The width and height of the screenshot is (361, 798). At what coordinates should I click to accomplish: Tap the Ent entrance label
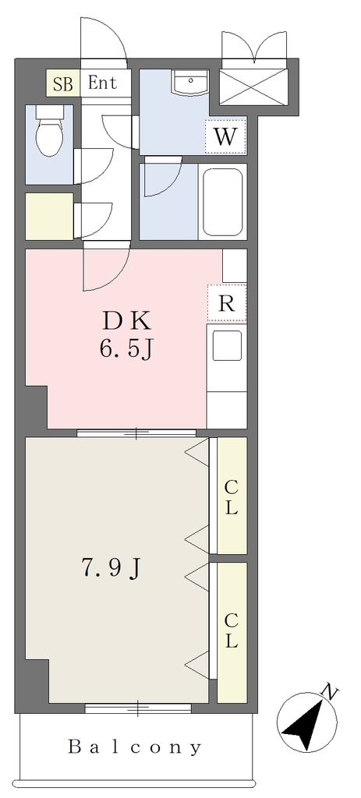pos(102,83)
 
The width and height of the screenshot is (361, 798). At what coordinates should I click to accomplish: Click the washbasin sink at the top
pos(191,83)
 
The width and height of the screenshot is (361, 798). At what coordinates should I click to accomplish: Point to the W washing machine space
pos(225,136)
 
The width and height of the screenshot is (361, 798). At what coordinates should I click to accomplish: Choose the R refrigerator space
pos(227,303)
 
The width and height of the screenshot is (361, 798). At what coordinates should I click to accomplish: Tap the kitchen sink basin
pos(227,345)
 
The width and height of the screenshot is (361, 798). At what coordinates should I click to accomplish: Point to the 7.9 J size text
pos(111,569)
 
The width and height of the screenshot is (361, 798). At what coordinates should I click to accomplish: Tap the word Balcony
pos(135,747)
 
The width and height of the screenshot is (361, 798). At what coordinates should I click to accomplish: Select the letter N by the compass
pos(331,692)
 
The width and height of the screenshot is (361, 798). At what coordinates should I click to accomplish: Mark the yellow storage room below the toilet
pos(49,217)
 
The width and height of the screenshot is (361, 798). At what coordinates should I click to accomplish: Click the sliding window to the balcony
pos(138,708)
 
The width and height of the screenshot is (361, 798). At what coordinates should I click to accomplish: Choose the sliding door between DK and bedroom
pos(136,433)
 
